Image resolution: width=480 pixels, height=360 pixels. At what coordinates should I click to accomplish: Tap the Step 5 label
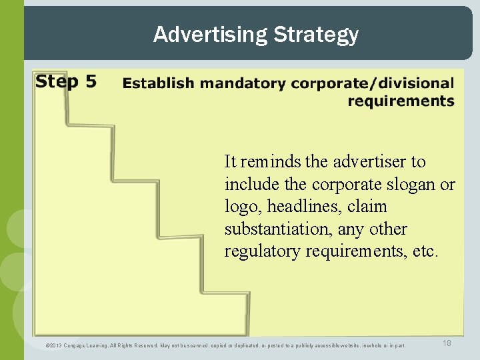[66, 82]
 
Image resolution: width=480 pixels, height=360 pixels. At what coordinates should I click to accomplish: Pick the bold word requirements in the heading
[401, 101]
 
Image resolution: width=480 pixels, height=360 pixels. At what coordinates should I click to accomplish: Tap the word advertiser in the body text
[367, 162]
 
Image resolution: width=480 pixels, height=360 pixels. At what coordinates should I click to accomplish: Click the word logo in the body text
[238, 207]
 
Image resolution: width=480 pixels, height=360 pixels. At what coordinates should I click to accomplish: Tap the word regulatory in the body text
[259, 252]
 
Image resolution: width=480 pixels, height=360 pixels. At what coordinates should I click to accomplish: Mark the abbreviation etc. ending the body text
[425, 252]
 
